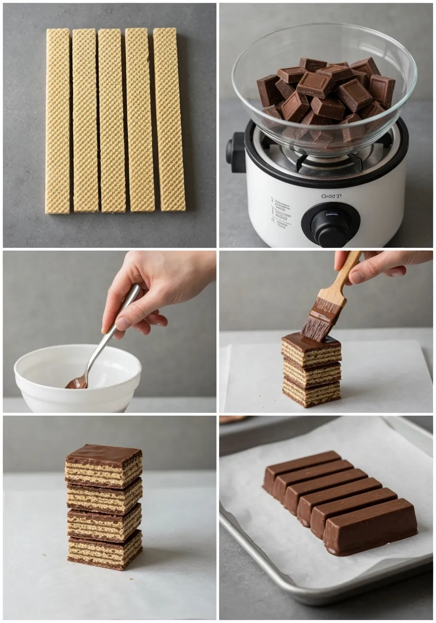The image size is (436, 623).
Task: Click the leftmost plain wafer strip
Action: [57, 121]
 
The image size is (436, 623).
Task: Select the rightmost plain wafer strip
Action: [169, 120]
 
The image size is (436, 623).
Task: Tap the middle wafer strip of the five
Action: [111, 121]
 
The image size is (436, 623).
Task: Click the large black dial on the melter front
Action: [330, 224]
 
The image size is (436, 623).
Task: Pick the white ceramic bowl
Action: [78, 377]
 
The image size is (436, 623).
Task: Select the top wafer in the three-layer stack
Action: [311, 351]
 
